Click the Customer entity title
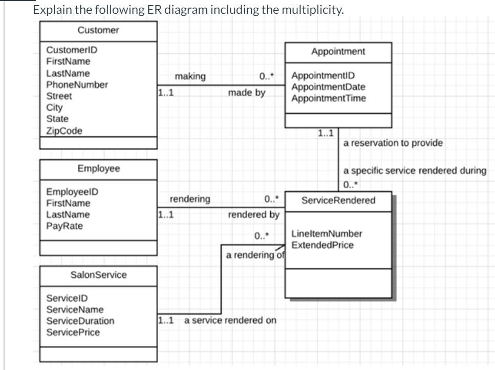coord(98,30)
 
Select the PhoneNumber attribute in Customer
coord(77,84)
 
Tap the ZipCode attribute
coord(64,130)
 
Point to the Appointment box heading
coord(338,51)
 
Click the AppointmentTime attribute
coord(328,98)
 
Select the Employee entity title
coord(98,168)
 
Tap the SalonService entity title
coord(98,275)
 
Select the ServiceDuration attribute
coord(80,321)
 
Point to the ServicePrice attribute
coord(73,332)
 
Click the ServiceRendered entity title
coord(338,200)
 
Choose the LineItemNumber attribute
coord(326,234)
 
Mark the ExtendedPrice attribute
coord(322,245)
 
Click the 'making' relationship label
coord(190,77)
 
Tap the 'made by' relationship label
coord(246,94)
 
